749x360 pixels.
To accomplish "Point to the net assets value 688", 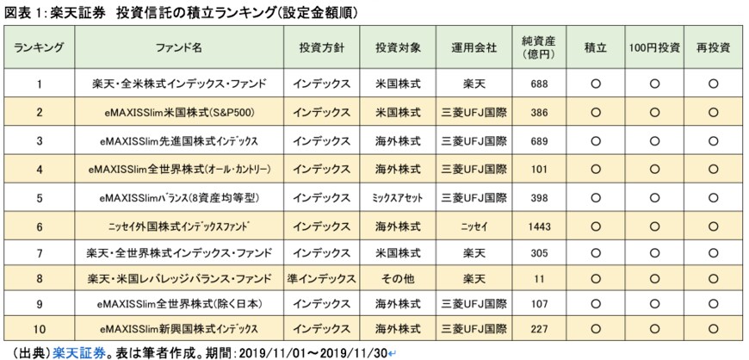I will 538,84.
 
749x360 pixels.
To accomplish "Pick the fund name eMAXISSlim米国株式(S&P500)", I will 179,113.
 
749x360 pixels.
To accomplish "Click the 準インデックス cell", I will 320,280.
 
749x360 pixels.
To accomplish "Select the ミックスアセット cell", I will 398,196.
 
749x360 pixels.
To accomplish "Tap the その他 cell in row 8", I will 398,280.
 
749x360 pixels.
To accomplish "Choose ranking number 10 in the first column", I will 40,329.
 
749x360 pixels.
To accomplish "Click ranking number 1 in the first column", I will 40,84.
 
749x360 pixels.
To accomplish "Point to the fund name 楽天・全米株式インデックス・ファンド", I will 179,84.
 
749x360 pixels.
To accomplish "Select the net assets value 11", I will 538,280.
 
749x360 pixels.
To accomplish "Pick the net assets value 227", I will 538,329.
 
